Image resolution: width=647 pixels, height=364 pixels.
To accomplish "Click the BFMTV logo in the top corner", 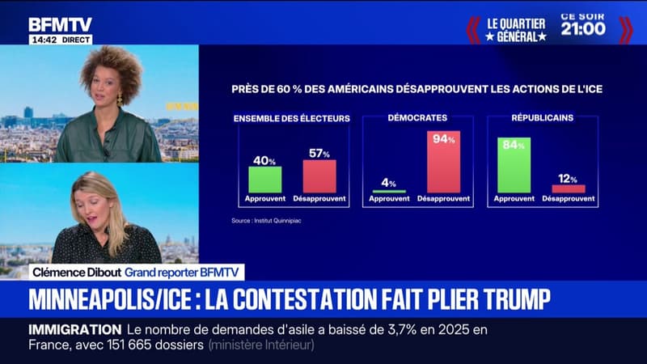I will coord(60,23).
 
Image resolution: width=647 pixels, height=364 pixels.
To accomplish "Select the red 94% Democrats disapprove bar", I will coord(443,162).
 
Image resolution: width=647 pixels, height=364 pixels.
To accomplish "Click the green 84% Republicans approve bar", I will coord(514,165).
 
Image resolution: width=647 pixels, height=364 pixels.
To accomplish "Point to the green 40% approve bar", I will coord(265,179).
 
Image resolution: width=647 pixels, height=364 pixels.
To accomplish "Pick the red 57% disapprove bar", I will coord(319,176).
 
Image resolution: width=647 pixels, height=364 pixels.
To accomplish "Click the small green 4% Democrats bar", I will coord(389,191).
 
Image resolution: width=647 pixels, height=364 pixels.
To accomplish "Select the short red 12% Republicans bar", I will coord(568,188).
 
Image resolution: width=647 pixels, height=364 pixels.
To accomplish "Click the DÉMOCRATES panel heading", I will coord(417,118).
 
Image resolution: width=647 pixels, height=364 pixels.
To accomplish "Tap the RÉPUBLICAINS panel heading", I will coord(542,118).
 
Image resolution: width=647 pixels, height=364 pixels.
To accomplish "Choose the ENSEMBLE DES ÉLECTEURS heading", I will coord(292,119).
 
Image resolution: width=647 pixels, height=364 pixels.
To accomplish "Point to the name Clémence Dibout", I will coord(74,273).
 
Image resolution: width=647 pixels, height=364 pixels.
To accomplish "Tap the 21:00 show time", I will coord(583,28).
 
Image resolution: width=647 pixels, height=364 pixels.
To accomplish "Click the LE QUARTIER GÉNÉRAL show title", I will coord(516,29).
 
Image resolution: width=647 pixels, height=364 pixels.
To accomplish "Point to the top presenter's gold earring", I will coord(120,99).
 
